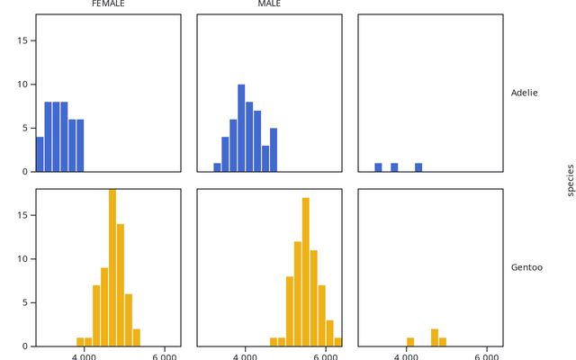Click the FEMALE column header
point(108,4)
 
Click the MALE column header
point(269,4)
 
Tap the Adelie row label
point(525,93)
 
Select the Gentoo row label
point(526,267)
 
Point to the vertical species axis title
point(570,180)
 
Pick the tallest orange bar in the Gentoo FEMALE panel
point(112,267)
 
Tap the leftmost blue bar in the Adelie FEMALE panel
point(40,154)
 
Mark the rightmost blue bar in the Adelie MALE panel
point(274,149)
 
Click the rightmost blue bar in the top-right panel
point(418,166)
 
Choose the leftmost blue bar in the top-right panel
point(378,166)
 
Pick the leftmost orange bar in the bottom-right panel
point(410,341)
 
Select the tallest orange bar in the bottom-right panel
point(435,337)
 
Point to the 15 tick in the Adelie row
point(26,40)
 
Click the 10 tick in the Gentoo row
point(26,259)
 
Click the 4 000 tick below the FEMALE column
point(84,355)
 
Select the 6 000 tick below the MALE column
point(325,355)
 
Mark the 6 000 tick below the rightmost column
point(487,355)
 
